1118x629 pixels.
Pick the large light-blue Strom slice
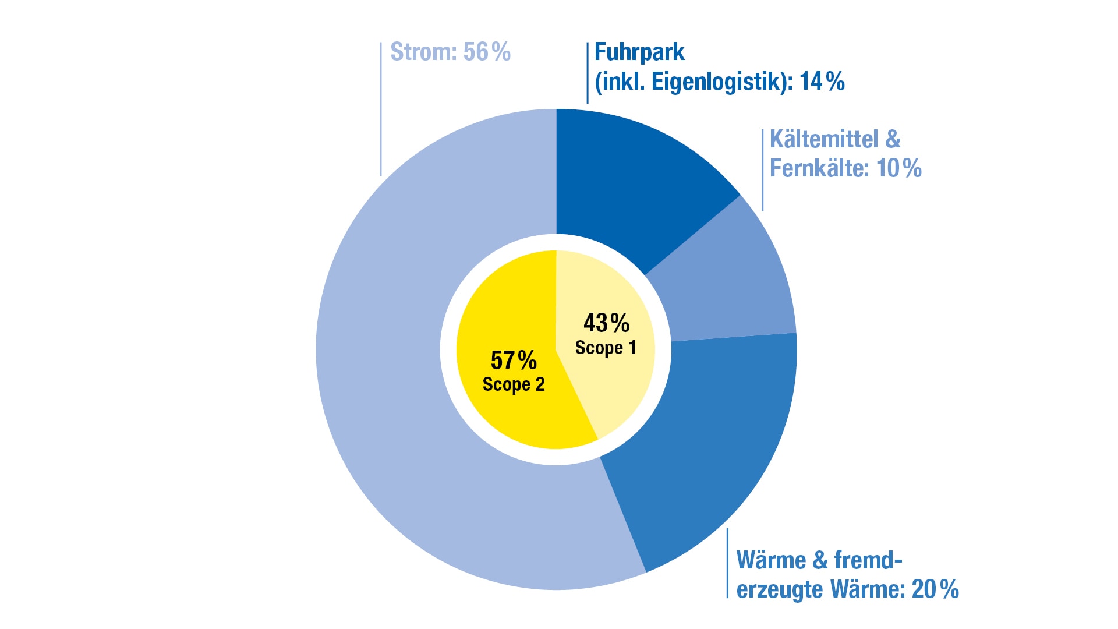click(419, 379)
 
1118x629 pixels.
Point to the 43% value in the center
click(606, 323)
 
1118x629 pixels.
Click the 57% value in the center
click(514, 360)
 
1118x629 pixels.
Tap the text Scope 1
click(606, 348)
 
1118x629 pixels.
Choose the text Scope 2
click(514, 385)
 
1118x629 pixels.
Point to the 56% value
click(487, 52)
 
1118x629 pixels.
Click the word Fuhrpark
click(639, 52)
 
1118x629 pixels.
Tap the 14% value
click(822, 81)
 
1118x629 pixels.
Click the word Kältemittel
click(824, 139)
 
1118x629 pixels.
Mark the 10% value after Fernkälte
click(899, 168)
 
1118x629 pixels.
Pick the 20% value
click(935, 589)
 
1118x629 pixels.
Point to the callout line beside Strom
click(381, 109)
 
